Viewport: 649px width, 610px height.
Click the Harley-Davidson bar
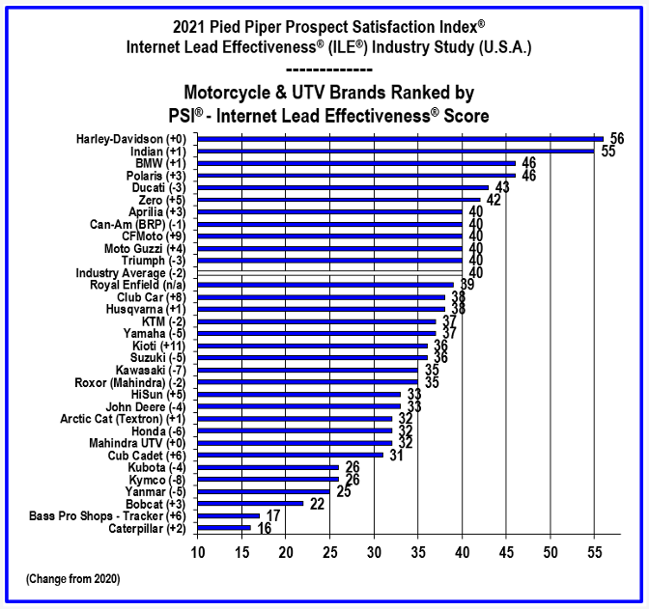pyautogui.click(x=401, y=139)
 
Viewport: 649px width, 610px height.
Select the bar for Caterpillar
pyautogui.click(x=224, y=528)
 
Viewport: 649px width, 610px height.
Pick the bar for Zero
pyautogui.click(x=339, y=200)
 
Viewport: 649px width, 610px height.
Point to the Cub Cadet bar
pyautogui.click(x=291, y=455)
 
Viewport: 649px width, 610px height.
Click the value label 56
pyautogui.click(x=617, y=139)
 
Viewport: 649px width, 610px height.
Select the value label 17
pyautogui.click(x=273, y=516)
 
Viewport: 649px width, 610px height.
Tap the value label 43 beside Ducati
pyautogui.click(x=502, y=187)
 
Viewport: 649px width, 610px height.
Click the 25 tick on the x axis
pyautogui.click(x=330, y=552)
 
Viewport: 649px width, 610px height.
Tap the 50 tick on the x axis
pyautogui.click(x=550, y=552)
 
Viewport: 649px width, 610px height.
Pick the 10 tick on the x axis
pyautogui.click(x=198, y=552)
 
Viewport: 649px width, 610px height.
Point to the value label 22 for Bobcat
pyautogui.click(x=318, y=504)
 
